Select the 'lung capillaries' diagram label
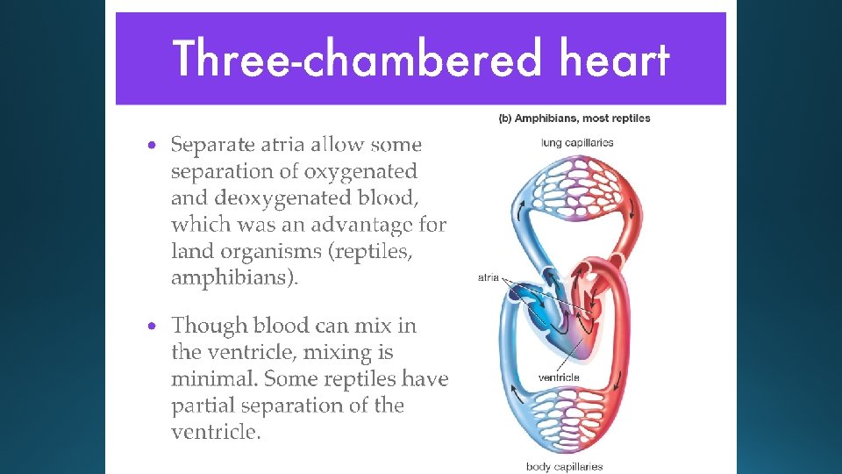point(577,142)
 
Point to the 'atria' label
point(489,277)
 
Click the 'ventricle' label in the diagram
point(559,377)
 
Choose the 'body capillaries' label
point(564,466)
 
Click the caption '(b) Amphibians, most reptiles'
point(574,118)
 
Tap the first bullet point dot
point(153,145)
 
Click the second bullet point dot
point(153,326)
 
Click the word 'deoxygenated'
point(285,197)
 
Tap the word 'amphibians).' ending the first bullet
point(234,278)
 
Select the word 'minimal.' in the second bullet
point(214,379)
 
